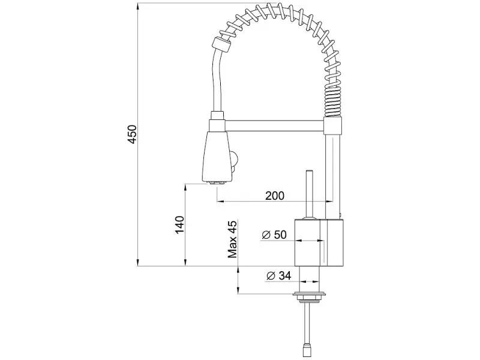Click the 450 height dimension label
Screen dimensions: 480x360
(x=132, y=134)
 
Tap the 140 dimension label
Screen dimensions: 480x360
(x=179, y=224)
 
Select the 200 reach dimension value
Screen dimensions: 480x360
(x=275, y=196)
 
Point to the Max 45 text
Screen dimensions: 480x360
(x=233, y=239)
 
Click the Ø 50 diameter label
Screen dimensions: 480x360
(x=274, y=235)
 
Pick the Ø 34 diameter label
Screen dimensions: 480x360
(x=278, y=276)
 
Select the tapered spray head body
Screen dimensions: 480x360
(x=216, y=157)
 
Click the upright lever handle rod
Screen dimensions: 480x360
(x=309, y=193)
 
